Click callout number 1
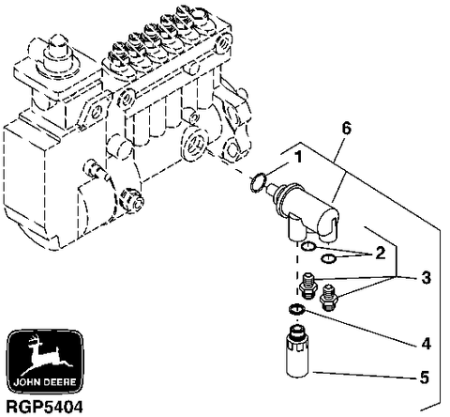[x=299, y=157]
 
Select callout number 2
[x=380, y=253]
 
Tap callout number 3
[x=426, y=278]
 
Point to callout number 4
[x=426, y=344]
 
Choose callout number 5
[x=424, y=378]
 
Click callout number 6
[x=346, y=129]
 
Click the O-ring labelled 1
[x=259, y=182]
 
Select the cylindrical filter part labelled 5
[x=297, y=351]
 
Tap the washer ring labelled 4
[x=296, y=309]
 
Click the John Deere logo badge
[x=45, y=362]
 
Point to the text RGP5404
[x=45, y=407]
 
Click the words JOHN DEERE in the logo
[x=45, y=382]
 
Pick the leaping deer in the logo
[x=47, y=355]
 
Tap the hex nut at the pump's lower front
[x=129, y=200]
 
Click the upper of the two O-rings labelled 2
[x=308, y=246]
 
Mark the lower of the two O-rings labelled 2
[x=329, y=259]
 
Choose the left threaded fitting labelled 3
[x=307, y=285]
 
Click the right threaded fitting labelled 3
[x=329, y=298]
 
